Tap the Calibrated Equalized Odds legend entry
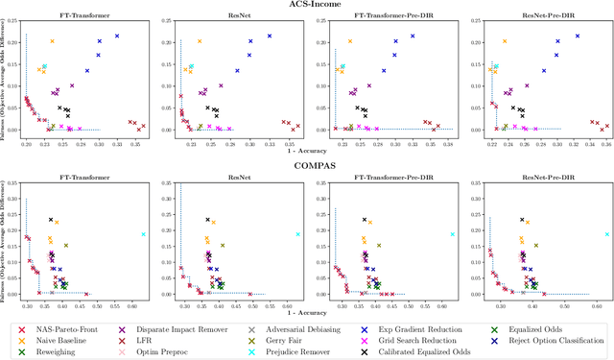point(440,352)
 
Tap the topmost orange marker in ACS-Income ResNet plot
point(200,41)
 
